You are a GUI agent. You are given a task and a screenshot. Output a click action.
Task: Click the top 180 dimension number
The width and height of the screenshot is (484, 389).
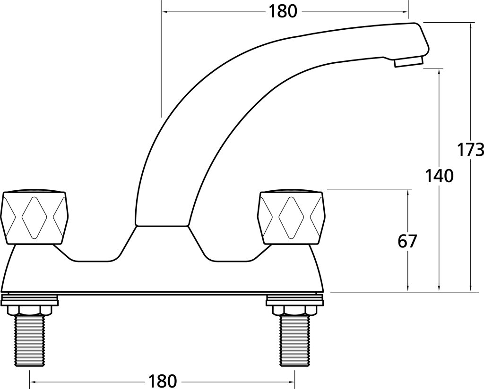point(283,11)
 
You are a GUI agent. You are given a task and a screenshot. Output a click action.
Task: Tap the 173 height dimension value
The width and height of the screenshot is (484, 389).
point(471,150)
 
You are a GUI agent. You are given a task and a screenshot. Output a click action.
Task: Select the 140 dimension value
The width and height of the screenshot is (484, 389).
point(439,176)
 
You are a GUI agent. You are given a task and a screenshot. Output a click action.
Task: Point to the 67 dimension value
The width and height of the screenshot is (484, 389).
point(407,242)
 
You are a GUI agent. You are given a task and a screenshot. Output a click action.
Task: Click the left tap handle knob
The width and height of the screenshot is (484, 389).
point(34,217)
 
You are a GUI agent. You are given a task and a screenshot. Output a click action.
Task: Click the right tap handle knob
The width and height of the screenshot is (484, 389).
point(291,217)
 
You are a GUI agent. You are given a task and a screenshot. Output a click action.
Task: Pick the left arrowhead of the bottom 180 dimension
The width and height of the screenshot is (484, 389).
point(33,380)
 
